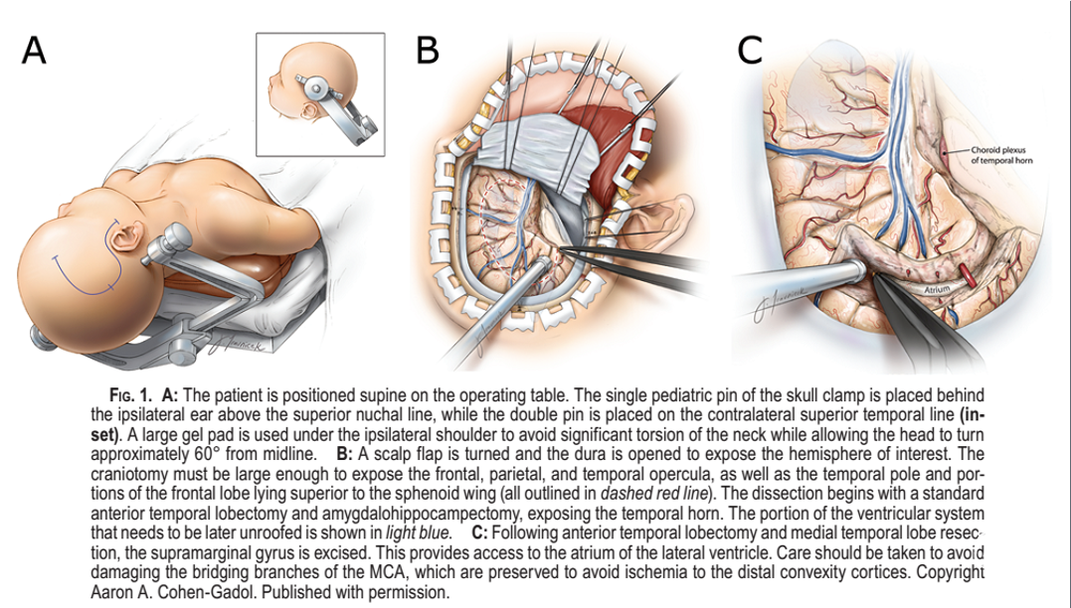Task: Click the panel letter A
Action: click(34, 50)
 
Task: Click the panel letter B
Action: click(427, 50)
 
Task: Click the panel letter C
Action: click(750, 50)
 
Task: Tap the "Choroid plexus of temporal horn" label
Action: click(1006, 154)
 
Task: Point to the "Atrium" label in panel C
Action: click(938, 289)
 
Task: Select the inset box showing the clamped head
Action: click(319, 94)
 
